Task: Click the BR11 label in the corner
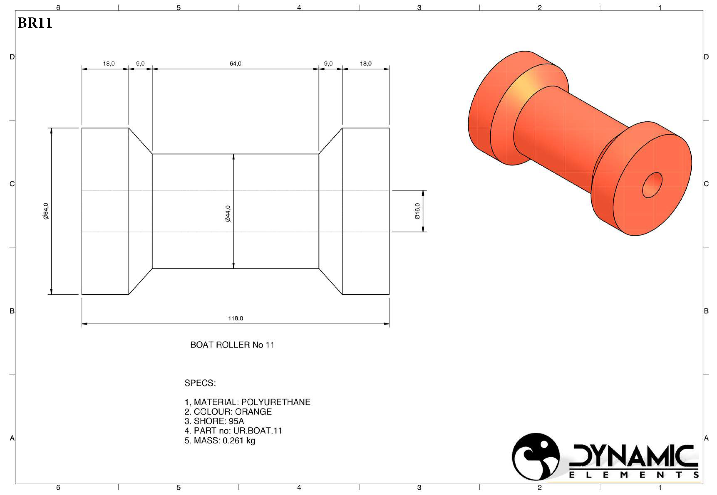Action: tap(35, 23)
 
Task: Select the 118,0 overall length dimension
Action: tap(235, 318)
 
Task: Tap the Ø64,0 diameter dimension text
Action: tap(46, 211)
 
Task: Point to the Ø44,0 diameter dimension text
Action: tap(228, 214)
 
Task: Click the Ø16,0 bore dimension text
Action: tap(417, 211)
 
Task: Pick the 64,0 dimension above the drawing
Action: tap(235, 64)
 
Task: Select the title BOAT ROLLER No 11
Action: tap(232, 345)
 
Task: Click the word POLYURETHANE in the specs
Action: tap(276, 402)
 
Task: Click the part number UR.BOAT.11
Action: tap(257, 431)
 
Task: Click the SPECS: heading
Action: tap(200, 383)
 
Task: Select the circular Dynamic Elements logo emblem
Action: tap(535, 456)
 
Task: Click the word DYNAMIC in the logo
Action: tap(633, 456)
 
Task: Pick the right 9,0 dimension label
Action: tap(328, 64)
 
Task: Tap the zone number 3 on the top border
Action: tap(419, 7)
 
